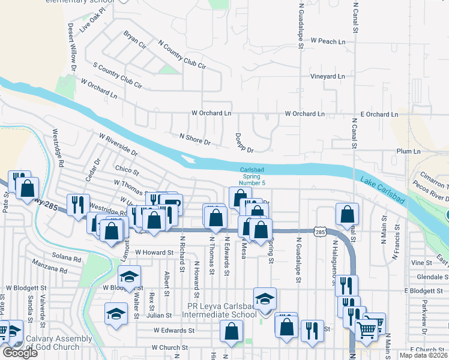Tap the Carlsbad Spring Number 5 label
[252, 176]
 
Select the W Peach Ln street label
[328, 41]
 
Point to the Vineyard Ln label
[327, 77]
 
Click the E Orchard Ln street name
[379, 114]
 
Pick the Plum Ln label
[408, 152]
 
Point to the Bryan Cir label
[135, 41]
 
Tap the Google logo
[20, 353]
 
